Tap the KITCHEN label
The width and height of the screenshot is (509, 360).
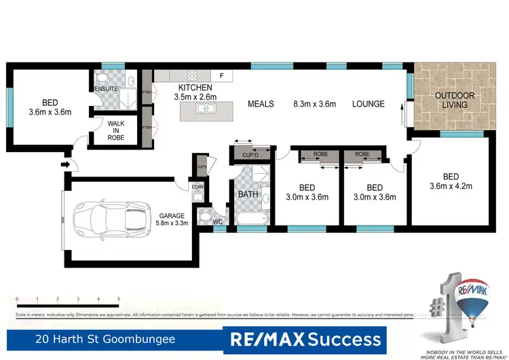[195, 88]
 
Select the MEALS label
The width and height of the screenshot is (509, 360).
[261, 104]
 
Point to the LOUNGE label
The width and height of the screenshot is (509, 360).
[368, 104]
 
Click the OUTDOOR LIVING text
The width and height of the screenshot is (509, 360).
[455, 100]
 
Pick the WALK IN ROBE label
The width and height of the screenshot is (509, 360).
[116, 130]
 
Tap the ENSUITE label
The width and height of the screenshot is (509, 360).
[107, 89]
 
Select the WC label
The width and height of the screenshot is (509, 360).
[218, 221]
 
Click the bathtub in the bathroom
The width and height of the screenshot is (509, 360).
[253, 219]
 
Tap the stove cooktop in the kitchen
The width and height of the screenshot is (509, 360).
[192, 75]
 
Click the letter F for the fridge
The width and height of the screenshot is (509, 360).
[221, 75]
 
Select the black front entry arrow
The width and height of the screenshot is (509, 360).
[65, 164]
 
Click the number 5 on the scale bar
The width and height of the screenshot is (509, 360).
[119, 299]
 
